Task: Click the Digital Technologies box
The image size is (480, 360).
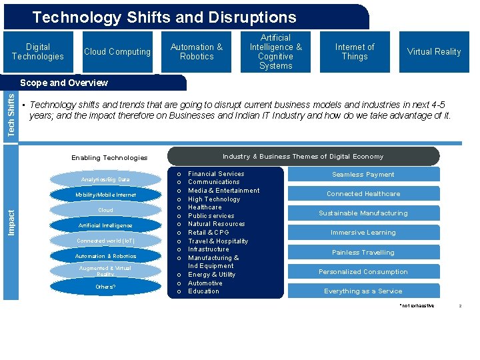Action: [x=38, y=52]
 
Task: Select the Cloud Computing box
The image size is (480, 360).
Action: [x=117, y=52]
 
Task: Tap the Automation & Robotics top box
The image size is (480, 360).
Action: [x=197, y=52]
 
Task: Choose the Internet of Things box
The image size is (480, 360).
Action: [x=355, y=52]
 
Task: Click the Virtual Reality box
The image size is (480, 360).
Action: [x=434, y=52]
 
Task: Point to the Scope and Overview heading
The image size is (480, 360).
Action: [x=64, y=83]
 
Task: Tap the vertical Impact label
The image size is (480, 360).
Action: [x=11, y=221]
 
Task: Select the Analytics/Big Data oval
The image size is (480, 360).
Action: [x=105, y=180]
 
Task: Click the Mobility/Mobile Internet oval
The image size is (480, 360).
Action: [x=105, y=195]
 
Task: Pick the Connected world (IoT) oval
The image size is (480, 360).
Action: [x=105, y=241]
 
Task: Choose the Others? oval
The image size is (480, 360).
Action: [x=105, y=287]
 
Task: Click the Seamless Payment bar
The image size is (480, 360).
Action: [x=363, y=175]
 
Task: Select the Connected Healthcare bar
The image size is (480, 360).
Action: [x=363, y=194]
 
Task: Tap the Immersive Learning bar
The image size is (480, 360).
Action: [x=363, y=233]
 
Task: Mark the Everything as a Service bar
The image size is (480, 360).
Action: [x=363, y=291]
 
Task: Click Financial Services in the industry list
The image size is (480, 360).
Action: [x=216, y=174]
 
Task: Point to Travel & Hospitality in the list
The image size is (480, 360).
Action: [x=218, y=241]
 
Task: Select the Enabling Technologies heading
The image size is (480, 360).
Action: [x=109, y=158]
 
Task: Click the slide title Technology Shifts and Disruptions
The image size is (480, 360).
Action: [x=165, y=17]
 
